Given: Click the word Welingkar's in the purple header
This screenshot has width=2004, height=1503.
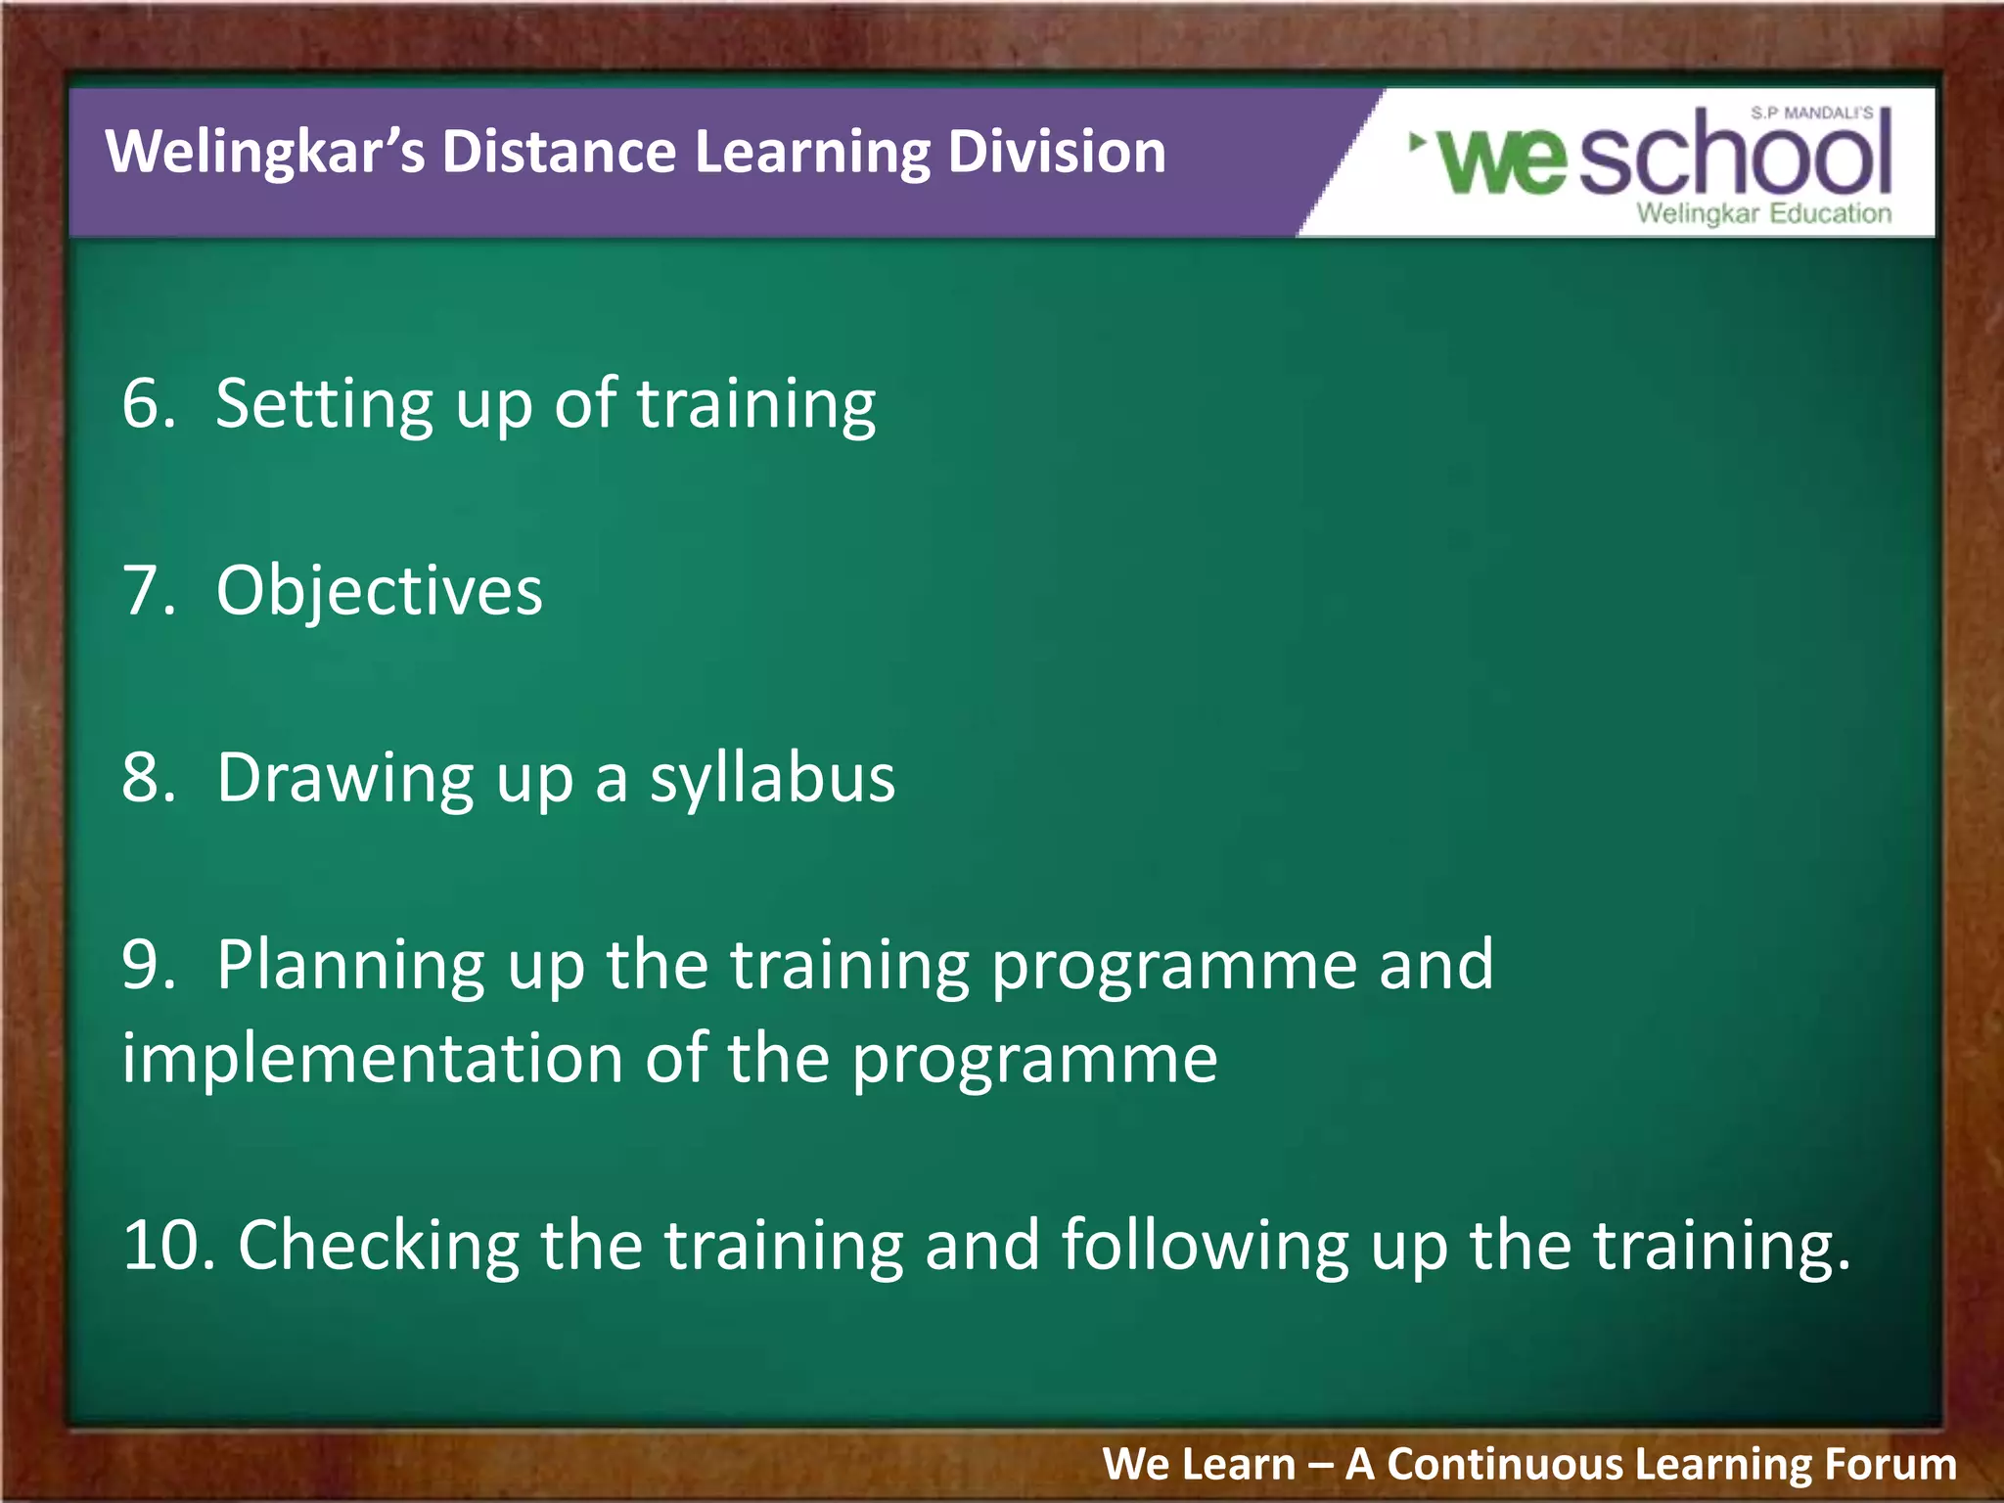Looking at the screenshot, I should click(x=264, y=153).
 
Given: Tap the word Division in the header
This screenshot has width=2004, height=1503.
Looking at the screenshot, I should click(x=1056, y=153).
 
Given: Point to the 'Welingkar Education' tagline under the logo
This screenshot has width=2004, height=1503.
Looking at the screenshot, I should click(x=1763, y=213).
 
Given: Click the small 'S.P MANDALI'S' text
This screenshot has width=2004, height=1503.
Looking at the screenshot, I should click(x=1811, y=114).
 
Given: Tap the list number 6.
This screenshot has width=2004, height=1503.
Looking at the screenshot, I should click(x=147, y=403).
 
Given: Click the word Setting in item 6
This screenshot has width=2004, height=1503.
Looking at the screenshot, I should click(x=324, y=405).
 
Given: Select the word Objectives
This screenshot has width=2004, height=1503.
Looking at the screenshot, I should click(x=379, y=591).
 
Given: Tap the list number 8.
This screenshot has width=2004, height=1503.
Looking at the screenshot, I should click(x=147, y=778).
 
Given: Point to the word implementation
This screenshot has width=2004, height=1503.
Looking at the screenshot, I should click(x=371, y=1059).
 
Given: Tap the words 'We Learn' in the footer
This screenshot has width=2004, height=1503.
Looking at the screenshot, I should click(x=1198, y=1465).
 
